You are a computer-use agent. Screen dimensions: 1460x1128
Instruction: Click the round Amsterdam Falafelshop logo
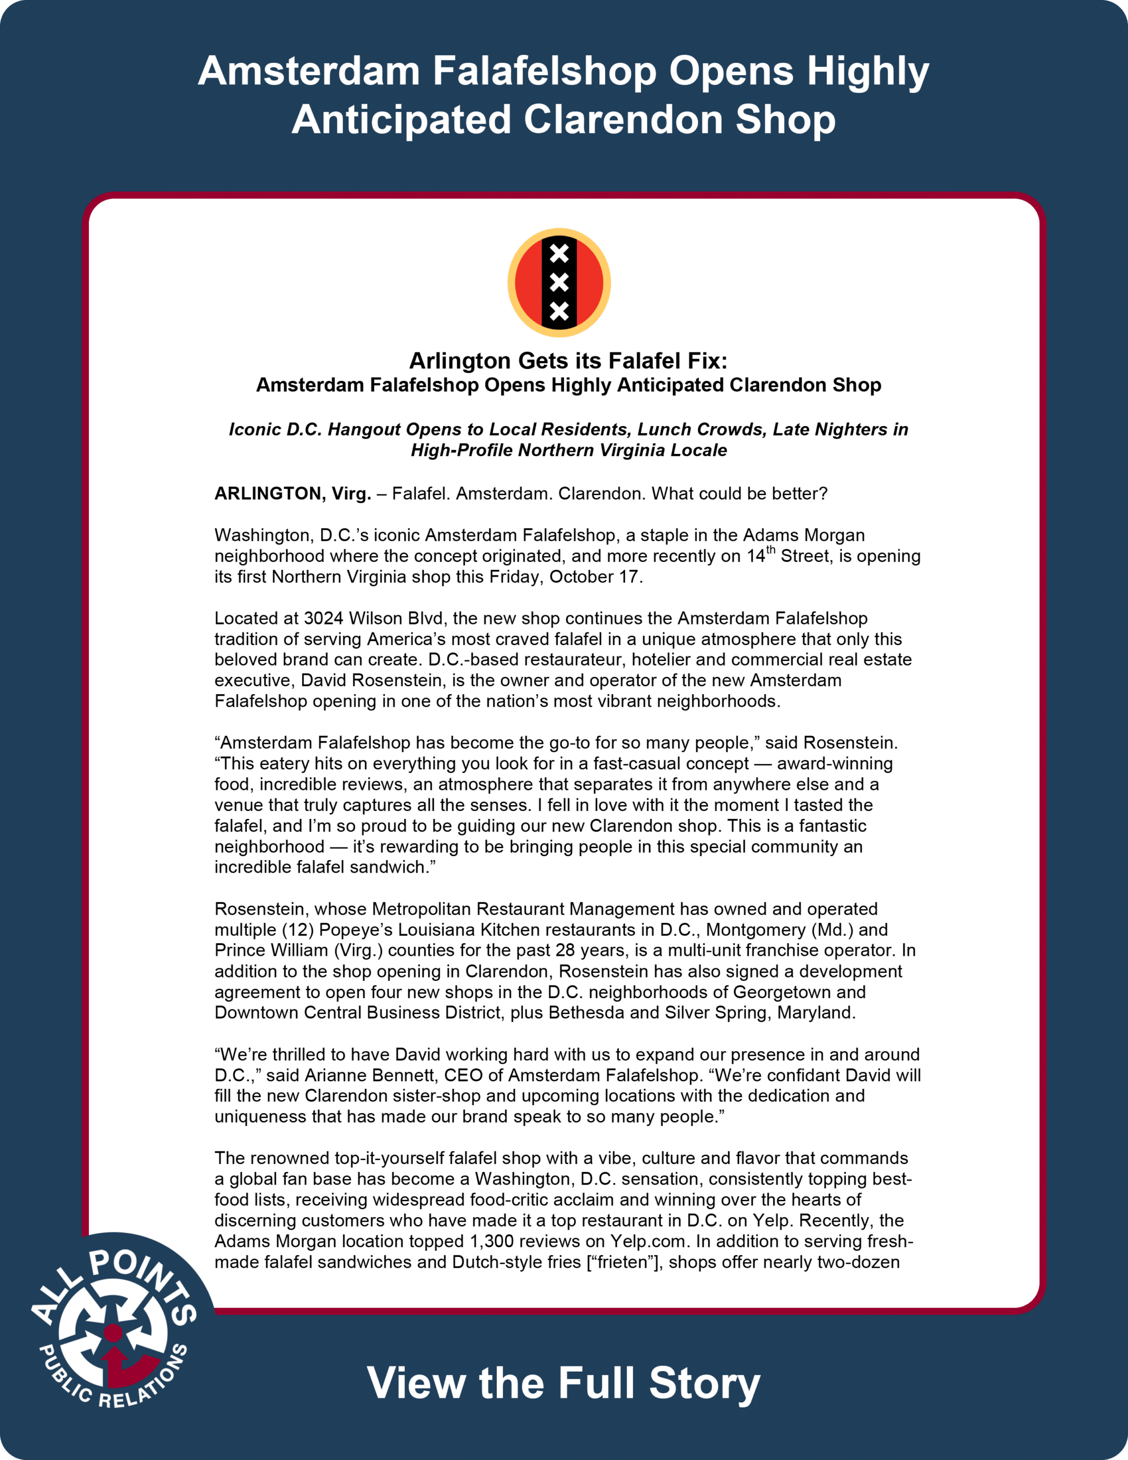[x=559, y=283]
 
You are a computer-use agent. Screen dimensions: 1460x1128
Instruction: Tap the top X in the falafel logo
[x=559, y=254]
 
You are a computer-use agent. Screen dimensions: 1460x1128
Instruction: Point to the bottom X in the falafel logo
[x=559, y=311]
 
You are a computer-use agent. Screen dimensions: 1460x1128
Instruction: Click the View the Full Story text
[x=563, y=1383]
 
